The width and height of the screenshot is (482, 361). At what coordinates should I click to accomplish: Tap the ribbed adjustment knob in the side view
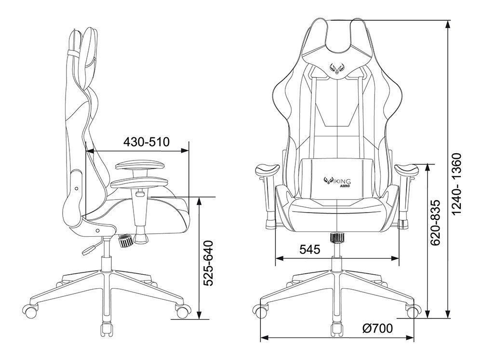pyautogui.click(x=125, y=240)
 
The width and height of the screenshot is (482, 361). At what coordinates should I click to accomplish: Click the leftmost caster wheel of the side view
pyautogui.click(x=31, y=310)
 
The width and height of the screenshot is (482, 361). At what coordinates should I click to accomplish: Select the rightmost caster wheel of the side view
pyautogui.click(x=182, y=311)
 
